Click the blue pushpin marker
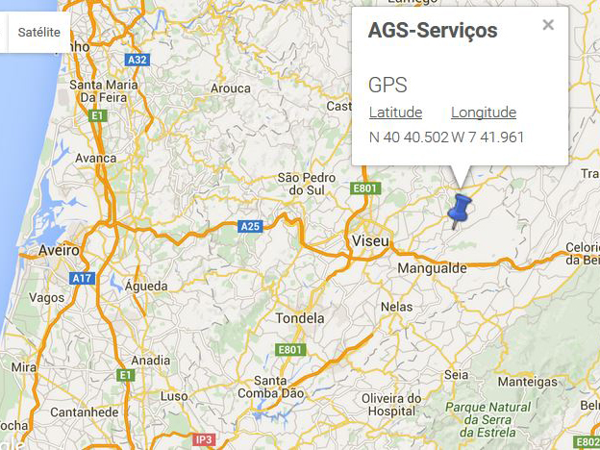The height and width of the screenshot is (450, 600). click(461, 209)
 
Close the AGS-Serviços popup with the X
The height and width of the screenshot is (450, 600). click(548, 25)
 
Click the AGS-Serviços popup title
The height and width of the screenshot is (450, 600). click(433, 31)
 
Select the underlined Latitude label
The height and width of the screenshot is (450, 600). click(395, 112)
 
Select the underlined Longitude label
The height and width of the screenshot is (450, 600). click(484, 112)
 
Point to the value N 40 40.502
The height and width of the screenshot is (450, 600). click(409, 137)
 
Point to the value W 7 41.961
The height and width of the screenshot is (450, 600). click(487, 137)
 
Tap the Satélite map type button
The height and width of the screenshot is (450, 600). click(38, 32)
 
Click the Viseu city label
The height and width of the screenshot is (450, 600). click(370, 238)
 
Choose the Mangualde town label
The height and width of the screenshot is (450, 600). click(432, 267)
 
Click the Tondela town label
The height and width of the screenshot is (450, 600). click(300, 318)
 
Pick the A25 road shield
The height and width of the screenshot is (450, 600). click(250, 227)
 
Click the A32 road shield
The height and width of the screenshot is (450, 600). click(138, 60)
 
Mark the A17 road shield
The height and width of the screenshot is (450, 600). click(82, 278)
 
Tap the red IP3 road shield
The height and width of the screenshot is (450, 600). click(203, 439)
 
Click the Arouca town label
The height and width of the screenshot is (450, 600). click(231, 88)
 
